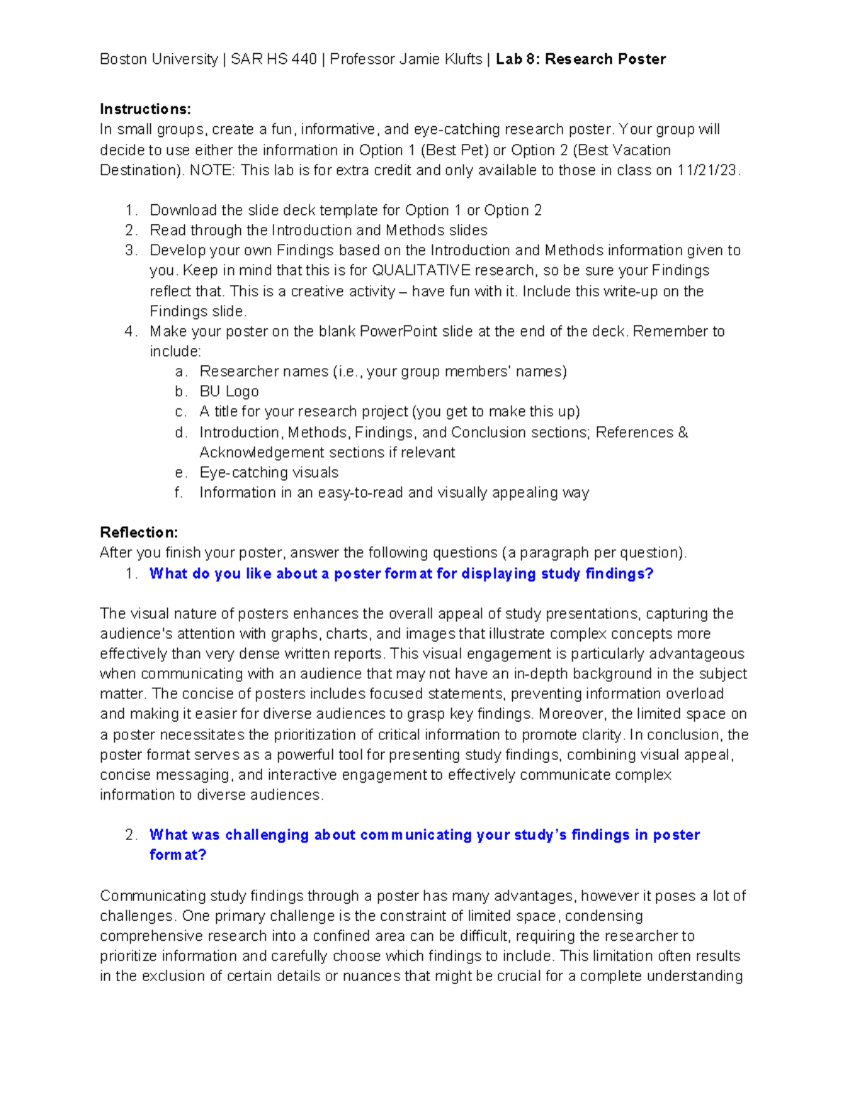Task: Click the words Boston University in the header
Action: (x=159, y=60)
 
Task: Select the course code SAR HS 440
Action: (x=273, y=60)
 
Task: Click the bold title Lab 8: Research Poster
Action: (x=581, y=60)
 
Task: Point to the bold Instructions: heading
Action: (x=145, y=109)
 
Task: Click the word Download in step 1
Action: (x=183, y=211)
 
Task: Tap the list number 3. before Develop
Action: (x=130, y=250)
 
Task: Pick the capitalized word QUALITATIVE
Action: (x=421, y=271)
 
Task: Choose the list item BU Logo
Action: (x=229, y=392)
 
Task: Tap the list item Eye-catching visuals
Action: (x=268, y=473)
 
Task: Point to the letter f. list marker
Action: (x=179, y=493)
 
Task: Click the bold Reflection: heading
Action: (x=139, y=532)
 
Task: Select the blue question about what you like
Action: (x=401, y=574)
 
